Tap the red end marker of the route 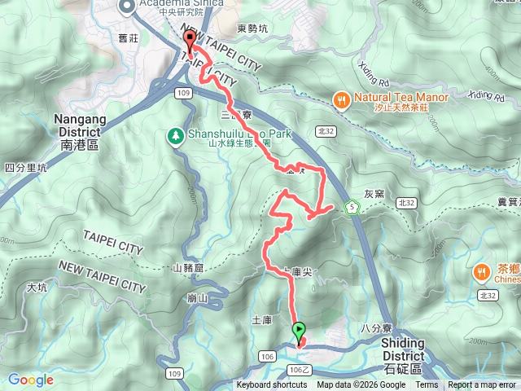point(190,41)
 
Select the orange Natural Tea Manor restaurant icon point(340,100)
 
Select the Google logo point(30,380)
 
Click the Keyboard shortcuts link point(272,385)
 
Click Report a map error point(482,385)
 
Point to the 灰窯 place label point(374,194)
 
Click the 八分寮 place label point(376,327)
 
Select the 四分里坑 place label point(26,168)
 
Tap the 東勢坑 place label point(252,29)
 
